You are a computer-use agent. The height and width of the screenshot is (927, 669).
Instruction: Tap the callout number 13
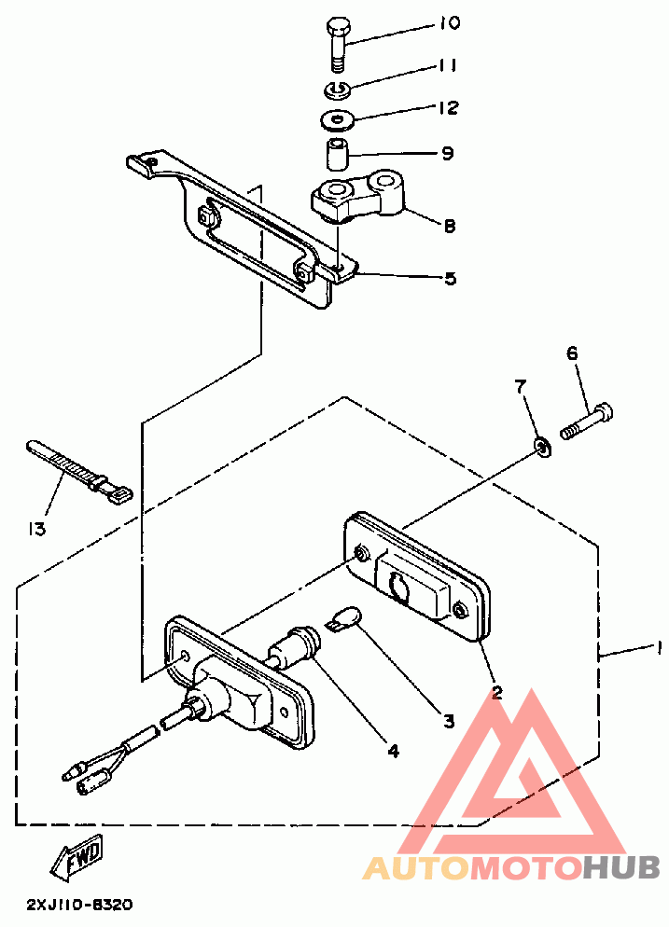point(36,529)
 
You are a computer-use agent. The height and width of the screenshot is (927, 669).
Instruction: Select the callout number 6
point(572,353)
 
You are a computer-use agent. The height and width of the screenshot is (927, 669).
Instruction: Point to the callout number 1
point(659,646)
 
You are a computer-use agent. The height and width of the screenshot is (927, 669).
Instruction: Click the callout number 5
point(450,278)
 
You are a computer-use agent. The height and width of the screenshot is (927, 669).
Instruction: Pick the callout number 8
point(449,225)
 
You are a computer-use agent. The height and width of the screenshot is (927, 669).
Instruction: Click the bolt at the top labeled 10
point(337,43)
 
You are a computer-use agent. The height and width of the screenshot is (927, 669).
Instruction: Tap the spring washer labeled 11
point(337,90)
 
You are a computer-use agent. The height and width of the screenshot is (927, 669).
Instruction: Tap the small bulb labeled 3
point(345,617)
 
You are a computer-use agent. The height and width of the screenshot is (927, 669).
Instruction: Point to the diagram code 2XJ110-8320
point(79,904)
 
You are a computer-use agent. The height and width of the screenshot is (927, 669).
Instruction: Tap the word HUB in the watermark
point(621,868)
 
